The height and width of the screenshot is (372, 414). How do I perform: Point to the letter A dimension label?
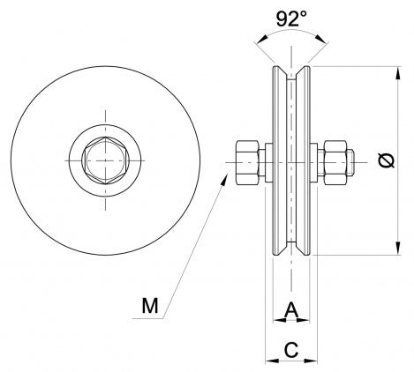pos(292,310)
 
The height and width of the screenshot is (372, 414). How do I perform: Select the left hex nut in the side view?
pos(247,160)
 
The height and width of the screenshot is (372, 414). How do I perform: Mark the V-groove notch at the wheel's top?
pos(292,74)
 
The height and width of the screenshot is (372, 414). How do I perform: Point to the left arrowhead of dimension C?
pos(269,359)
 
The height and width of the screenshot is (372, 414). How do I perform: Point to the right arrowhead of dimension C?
pos(315,359)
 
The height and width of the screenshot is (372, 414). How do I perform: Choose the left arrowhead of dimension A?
pos(277,321)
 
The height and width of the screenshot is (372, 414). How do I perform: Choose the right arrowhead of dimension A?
pos(308,321)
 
